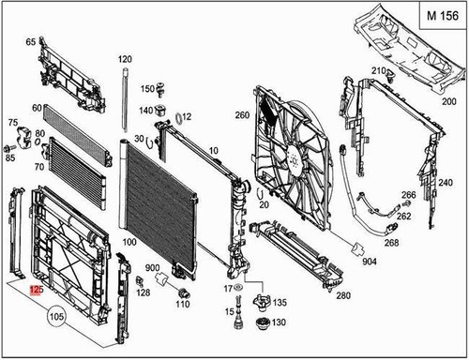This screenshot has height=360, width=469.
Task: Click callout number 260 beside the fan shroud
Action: pos(242,116)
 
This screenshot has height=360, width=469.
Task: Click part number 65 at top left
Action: pos(30,42)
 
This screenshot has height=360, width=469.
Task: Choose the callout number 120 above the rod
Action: pos(125,59)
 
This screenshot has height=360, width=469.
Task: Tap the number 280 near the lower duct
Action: pos(343,296)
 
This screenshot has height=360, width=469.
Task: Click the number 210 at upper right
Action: pos(377,71)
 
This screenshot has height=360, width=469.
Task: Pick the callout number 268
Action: pos(391,243)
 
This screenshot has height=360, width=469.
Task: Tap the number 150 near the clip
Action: pos(147,89)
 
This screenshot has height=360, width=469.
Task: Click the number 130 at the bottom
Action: pos(280,322)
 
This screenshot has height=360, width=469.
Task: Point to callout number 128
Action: pos(143,293)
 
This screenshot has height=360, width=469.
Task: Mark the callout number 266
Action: pos(408,196)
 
